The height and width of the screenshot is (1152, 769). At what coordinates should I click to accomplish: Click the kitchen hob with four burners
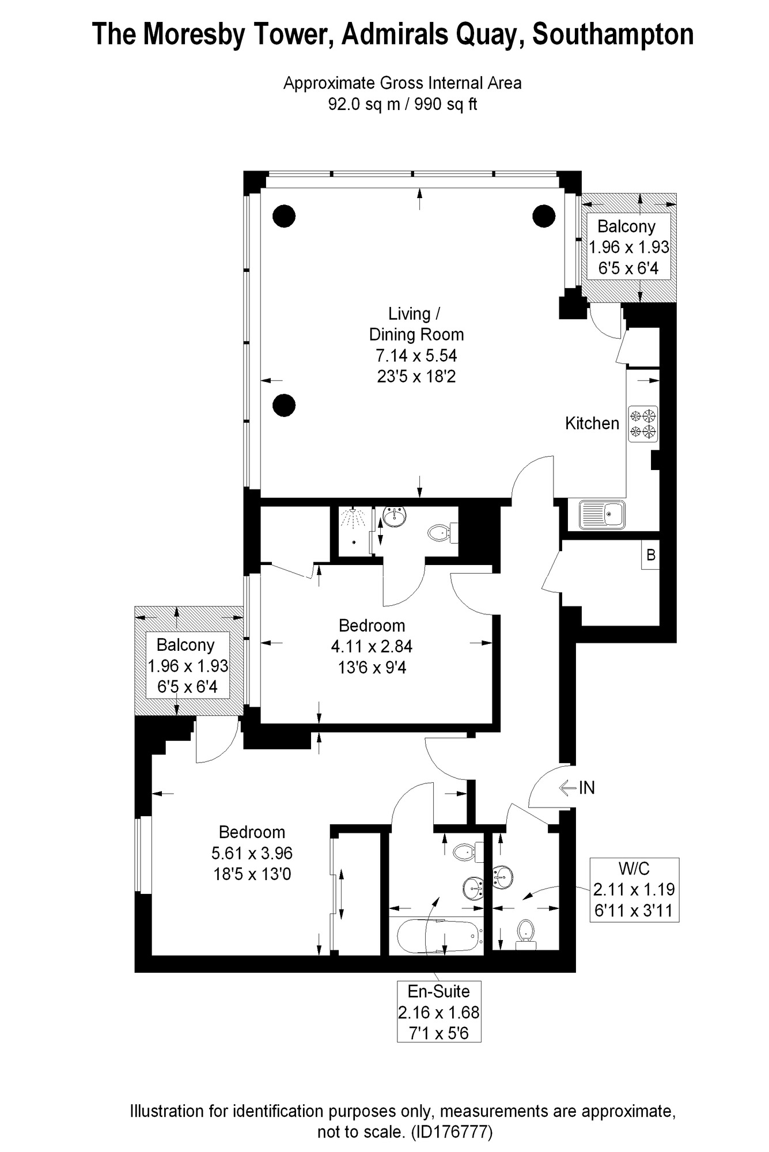pyautogui.click(x=643, y=425)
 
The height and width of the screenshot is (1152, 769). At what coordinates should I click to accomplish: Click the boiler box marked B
pyautogui.click(x=651, y=555)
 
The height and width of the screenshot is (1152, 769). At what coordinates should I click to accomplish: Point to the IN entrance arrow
pyautogui.click(x=577, y=787)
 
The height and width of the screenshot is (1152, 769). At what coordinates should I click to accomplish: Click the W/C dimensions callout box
pyautogui.click(x=634, y=889)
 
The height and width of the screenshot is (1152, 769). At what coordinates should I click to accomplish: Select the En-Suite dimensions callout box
pyautogui.click(x=439, y=1012)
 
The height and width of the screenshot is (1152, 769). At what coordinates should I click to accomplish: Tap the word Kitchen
pyautogui.click(x=592, y=423)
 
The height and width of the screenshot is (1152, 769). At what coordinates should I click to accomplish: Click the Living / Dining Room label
pyautogui.click(x=416, y=324)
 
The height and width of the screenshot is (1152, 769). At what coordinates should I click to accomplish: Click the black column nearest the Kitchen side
pyautogui.click(x=543, y=216)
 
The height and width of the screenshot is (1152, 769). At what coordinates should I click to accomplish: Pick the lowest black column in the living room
pyautogui.click(x=284, y=406)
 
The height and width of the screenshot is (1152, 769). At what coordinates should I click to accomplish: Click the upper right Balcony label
pyautogui.click(x=627, y=226)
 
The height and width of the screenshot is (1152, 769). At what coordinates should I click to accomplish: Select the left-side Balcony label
pyautogui.click(x=185, y=645)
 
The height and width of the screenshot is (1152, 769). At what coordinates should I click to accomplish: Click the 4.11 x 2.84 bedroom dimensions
pyautogui.click(x=372, y=647)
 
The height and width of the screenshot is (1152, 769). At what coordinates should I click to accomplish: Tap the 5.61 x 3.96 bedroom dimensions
pyautogui.click(x=252, y=853)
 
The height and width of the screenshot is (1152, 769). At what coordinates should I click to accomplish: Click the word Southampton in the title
pyautogui.click(x=613, y=35)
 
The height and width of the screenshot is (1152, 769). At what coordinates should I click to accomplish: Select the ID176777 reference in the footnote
pyautogui.click(x=452, y=1132)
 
